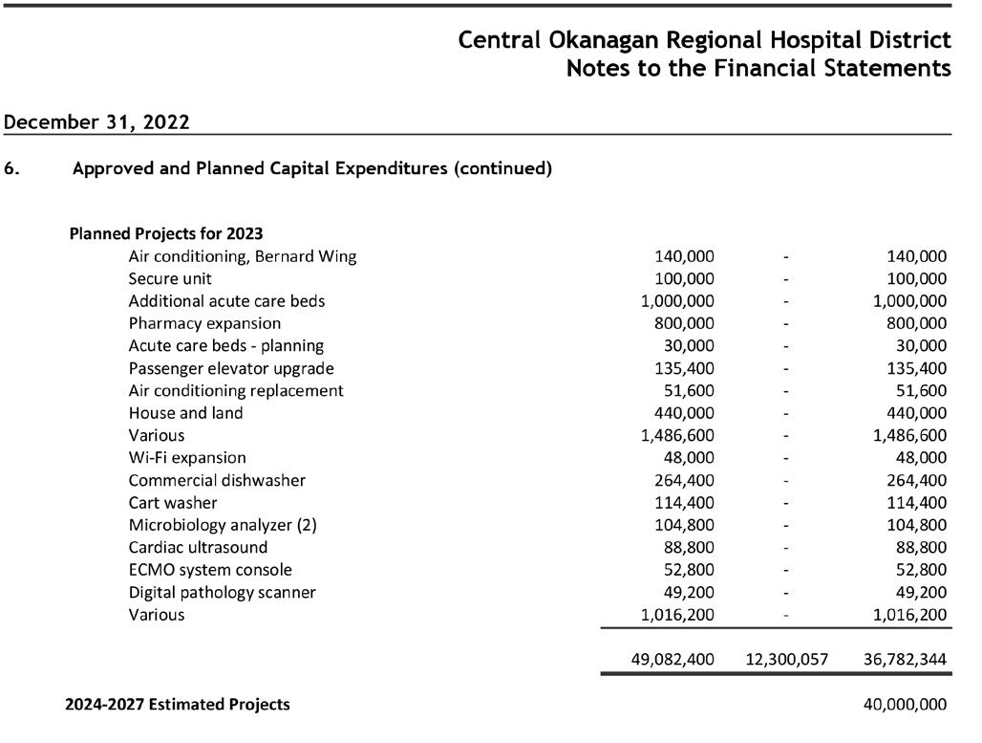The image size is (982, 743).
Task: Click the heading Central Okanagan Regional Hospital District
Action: click(705, 40)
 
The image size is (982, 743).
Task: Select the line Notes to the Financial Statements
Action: click(758, 68)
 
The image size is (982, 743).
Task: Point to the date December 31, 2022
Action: click(96, 121)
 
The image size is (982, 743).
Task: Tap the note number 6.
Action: click(11, 168)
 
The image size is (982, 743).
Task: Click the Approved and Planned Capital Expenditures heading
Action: click(311, 168)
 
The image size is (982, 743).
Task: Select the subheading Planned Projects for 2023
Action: click(166, 234)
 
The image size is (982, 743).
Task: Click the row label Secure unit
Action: click(170, 278)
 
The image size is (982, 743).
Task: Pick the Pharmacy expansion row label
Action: click(204, 323)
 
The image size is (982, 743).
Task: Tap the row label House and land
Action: click(185, 412)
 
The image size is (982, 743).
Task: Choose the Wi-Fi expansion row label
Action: click(187, 458)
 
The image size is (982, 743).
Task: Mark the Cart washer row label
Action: click(173, 503)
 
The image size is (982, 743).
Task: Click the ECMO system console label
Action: click(210, 570)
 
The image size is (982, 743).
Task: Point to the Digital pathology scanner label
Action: click(223, 593)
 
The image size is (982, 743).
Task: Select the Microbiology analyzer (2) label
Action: click(223, 525)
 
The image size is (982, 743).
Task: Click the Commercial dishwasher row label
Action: click(217, 480)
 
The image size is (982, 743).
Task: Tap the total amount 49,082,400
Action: click(672, 660)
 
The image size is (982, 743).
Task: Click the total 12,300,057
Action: click(787, 660)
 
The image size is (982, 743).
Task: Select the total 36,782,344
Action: click(905, 660)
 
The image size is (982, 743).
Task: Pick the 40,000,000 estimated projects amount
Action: click(905, 705)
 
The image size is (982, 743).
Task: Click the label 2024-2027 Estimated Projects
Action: click(178, 705)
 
